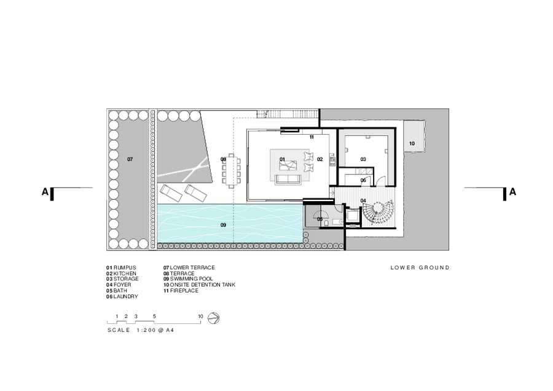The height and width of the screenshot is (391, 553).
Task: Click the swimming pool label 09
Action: coord(223,225)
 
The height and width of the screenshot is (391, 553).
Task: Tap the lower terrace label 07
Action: coord(130,159)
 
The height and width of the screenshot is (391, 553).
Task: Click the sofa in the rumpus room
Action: coord(288,180)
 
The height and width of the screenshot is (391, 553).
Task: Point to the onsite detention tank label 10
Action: coord(412,144)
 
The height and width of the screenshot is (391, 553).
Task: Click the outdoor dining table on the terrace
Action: coord(232,171)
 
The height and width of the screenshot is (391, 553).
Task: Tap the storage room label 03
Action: coord(363,159)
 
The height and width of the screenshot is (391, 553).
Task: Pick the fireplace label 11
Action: coord(312,137)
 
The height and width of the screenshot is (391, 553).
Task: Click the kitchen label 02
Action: coord(320,159)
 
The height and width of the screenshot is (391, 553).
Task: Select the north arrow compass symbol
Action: coord(213,318)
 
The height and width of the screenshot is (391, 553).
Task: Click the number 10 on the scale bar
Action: coord(200,316)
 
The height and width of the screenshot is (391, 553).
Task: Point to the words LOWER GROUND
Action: coord(420,267)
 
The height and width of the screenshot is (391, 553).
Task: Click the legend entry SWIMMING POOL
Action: coord(192,278)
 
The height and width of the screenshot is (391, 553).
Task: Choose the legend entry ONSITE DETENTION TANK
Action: coord(202,285)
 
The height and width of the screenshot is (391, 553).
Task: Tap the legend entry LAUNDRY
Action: coord(125,297)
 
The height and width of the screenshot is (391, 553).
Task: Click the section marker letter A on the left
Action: coord(45,192)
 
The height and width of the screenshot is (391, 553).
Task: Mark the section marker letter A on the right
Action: coord(513,192)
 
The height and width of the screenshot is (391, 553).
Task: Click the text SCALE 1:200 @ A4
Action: coord(141,330)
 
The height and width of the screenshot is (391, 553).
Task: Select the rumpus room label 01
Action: coord(282,159)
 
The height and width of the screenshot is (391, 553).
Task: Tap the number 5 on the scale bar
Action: coord(154,316)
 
